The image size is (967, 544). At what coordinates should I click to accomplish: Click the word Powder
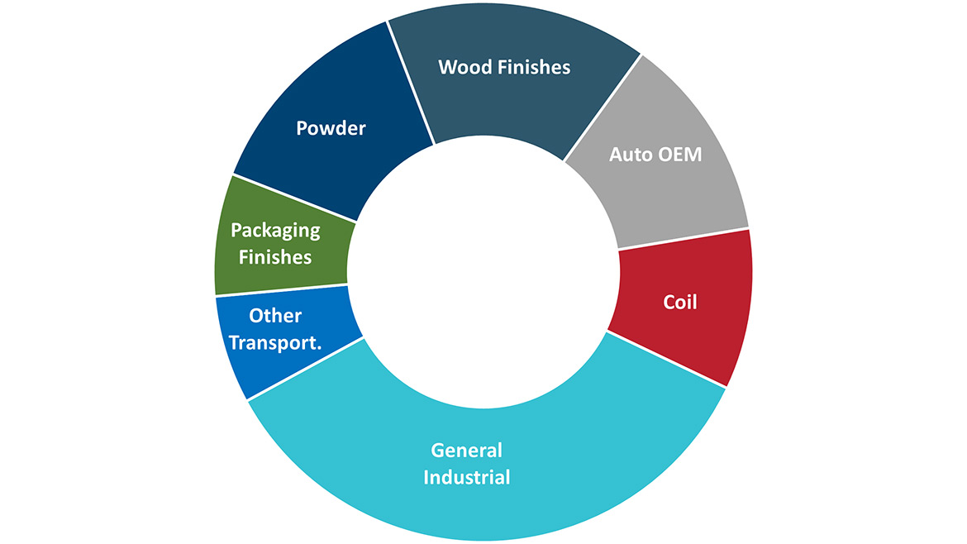point(331,129)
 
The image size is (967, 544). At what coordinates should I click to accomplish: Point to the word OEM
point(681,155)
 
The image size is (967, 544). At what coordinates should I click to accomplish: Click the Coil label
point(680,303)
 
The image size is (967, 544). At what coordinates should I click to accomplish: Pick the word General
point(466,451)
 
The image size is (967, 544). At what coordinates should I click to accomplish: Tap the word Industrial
point(466,477)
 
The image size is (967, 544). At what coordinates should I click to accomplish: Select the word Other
point(275,316)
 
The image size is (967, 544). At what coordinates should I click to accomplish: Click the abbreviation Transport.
point(275,341)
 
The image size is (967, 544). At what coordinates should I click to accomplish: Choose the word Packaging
point(275,231)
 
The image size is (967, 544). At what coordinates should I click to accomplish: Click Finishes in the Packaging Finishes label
point(275,257)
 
